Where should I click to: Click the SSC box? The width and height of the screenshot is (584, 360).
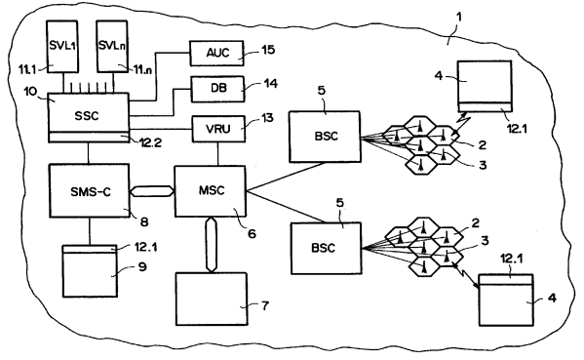[x=89, y=117]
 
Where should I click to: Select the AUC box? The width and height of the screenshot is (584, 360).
[x=217, y=54]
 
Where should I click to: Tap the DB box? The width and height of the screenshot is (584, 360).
[x=217, y=89]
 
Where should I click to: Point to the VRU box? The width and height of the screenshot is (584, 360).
[x=218, y=129]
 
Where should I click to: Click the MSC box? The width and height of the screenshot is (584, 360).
[x=211, y=191]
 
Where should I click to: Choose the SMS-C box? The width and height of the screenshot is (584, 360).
[x=90, y=190]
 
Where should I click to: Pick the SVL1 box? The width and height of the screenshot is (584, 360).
[x=62, y=46]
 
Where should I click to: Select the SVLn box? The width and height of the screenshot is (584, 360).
[x=112, y=46]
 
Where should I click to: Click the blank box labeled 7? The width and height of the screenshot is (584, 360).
[x=212, y=299]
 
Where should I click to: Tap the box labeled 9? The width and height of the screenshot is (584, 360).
[x=90, y=270]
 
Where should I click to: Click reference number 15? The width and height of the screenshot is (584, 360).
[x=268, y=50]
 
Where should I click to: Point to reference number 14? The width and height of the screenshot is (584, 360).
[x=270, y=83]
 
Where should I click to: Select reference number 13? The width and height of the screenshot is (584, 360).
[x=267, y=118]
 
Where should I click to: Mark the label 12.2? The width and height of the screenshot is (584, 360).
[x=149, y=142]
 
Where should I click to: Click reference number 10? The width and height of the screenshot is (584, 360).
[x=31, y=92]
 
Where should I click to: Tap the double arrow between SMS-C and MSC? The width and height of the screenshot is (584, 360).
[x=152, y=191]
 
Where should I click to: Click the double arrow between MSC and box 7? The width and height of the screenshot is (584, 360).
[x=211, y=245]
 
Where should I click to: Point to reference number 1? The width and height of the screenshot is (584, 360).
[x=459, y=18]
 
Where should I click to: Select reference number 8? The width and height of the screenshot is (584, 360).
[x=144, y=221]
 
